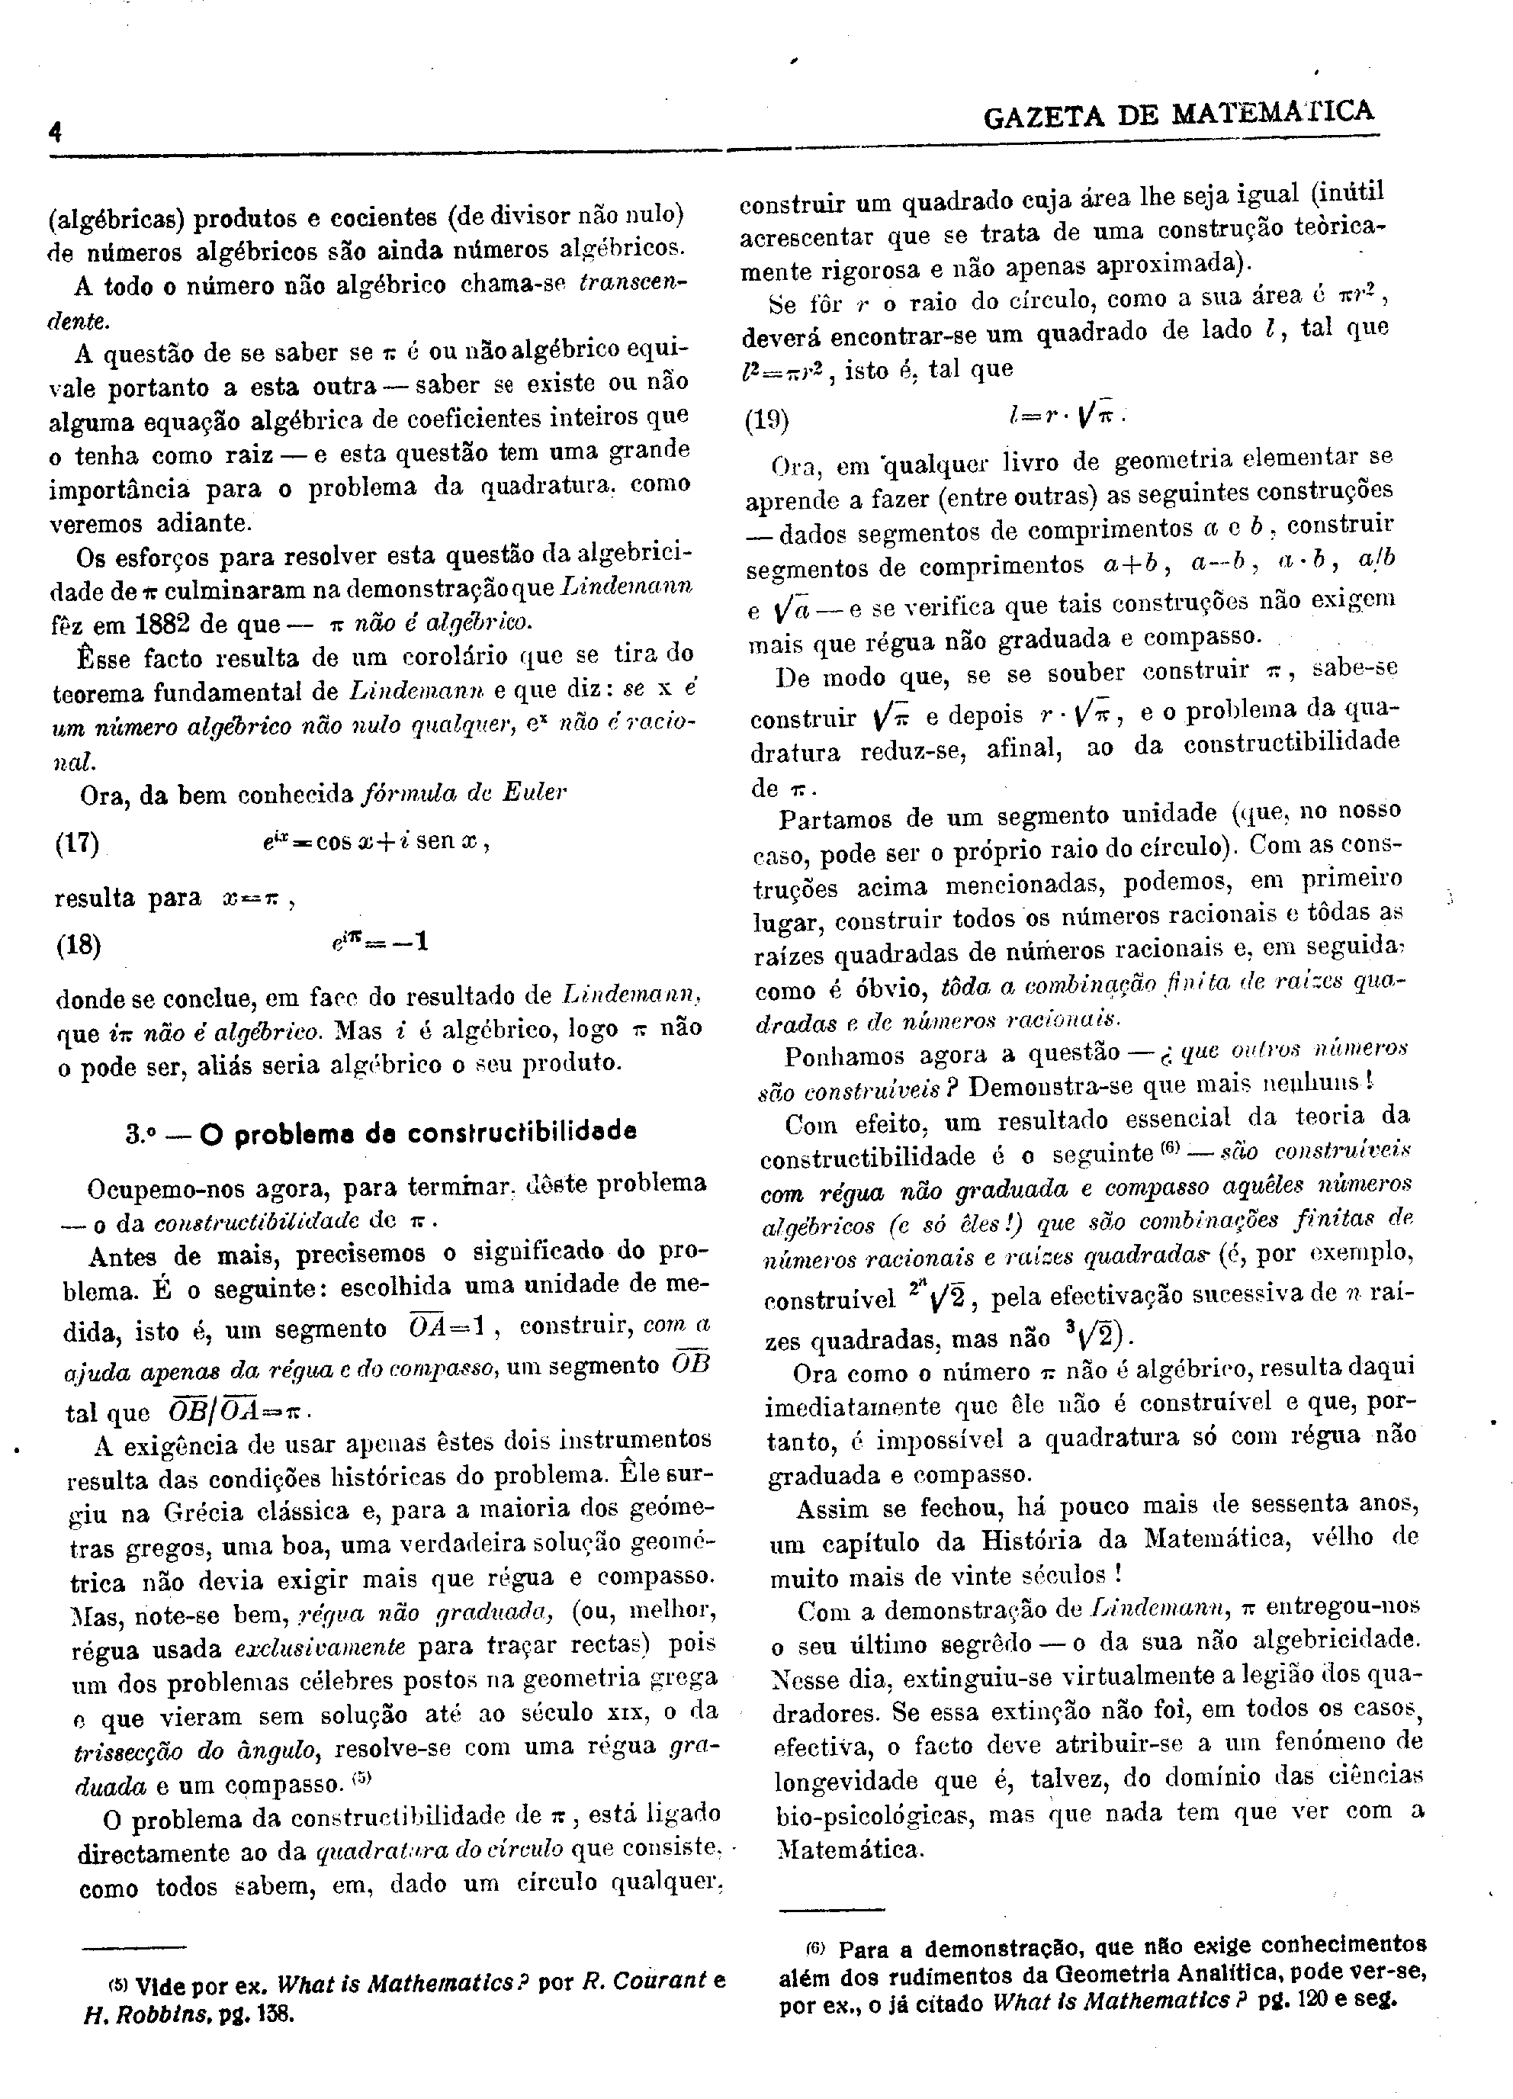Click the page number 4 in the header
pyautogui.click(x=56, y=133)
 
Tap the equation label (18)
pyautogui.click(x=79, y=945)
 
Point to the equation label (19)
pyautogui.click(x=767, y=421)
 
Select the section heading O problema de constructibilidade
pyautogui.click(x=381, y=1133)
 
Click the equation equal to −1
pyautogui.click(x=381, y=943)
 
